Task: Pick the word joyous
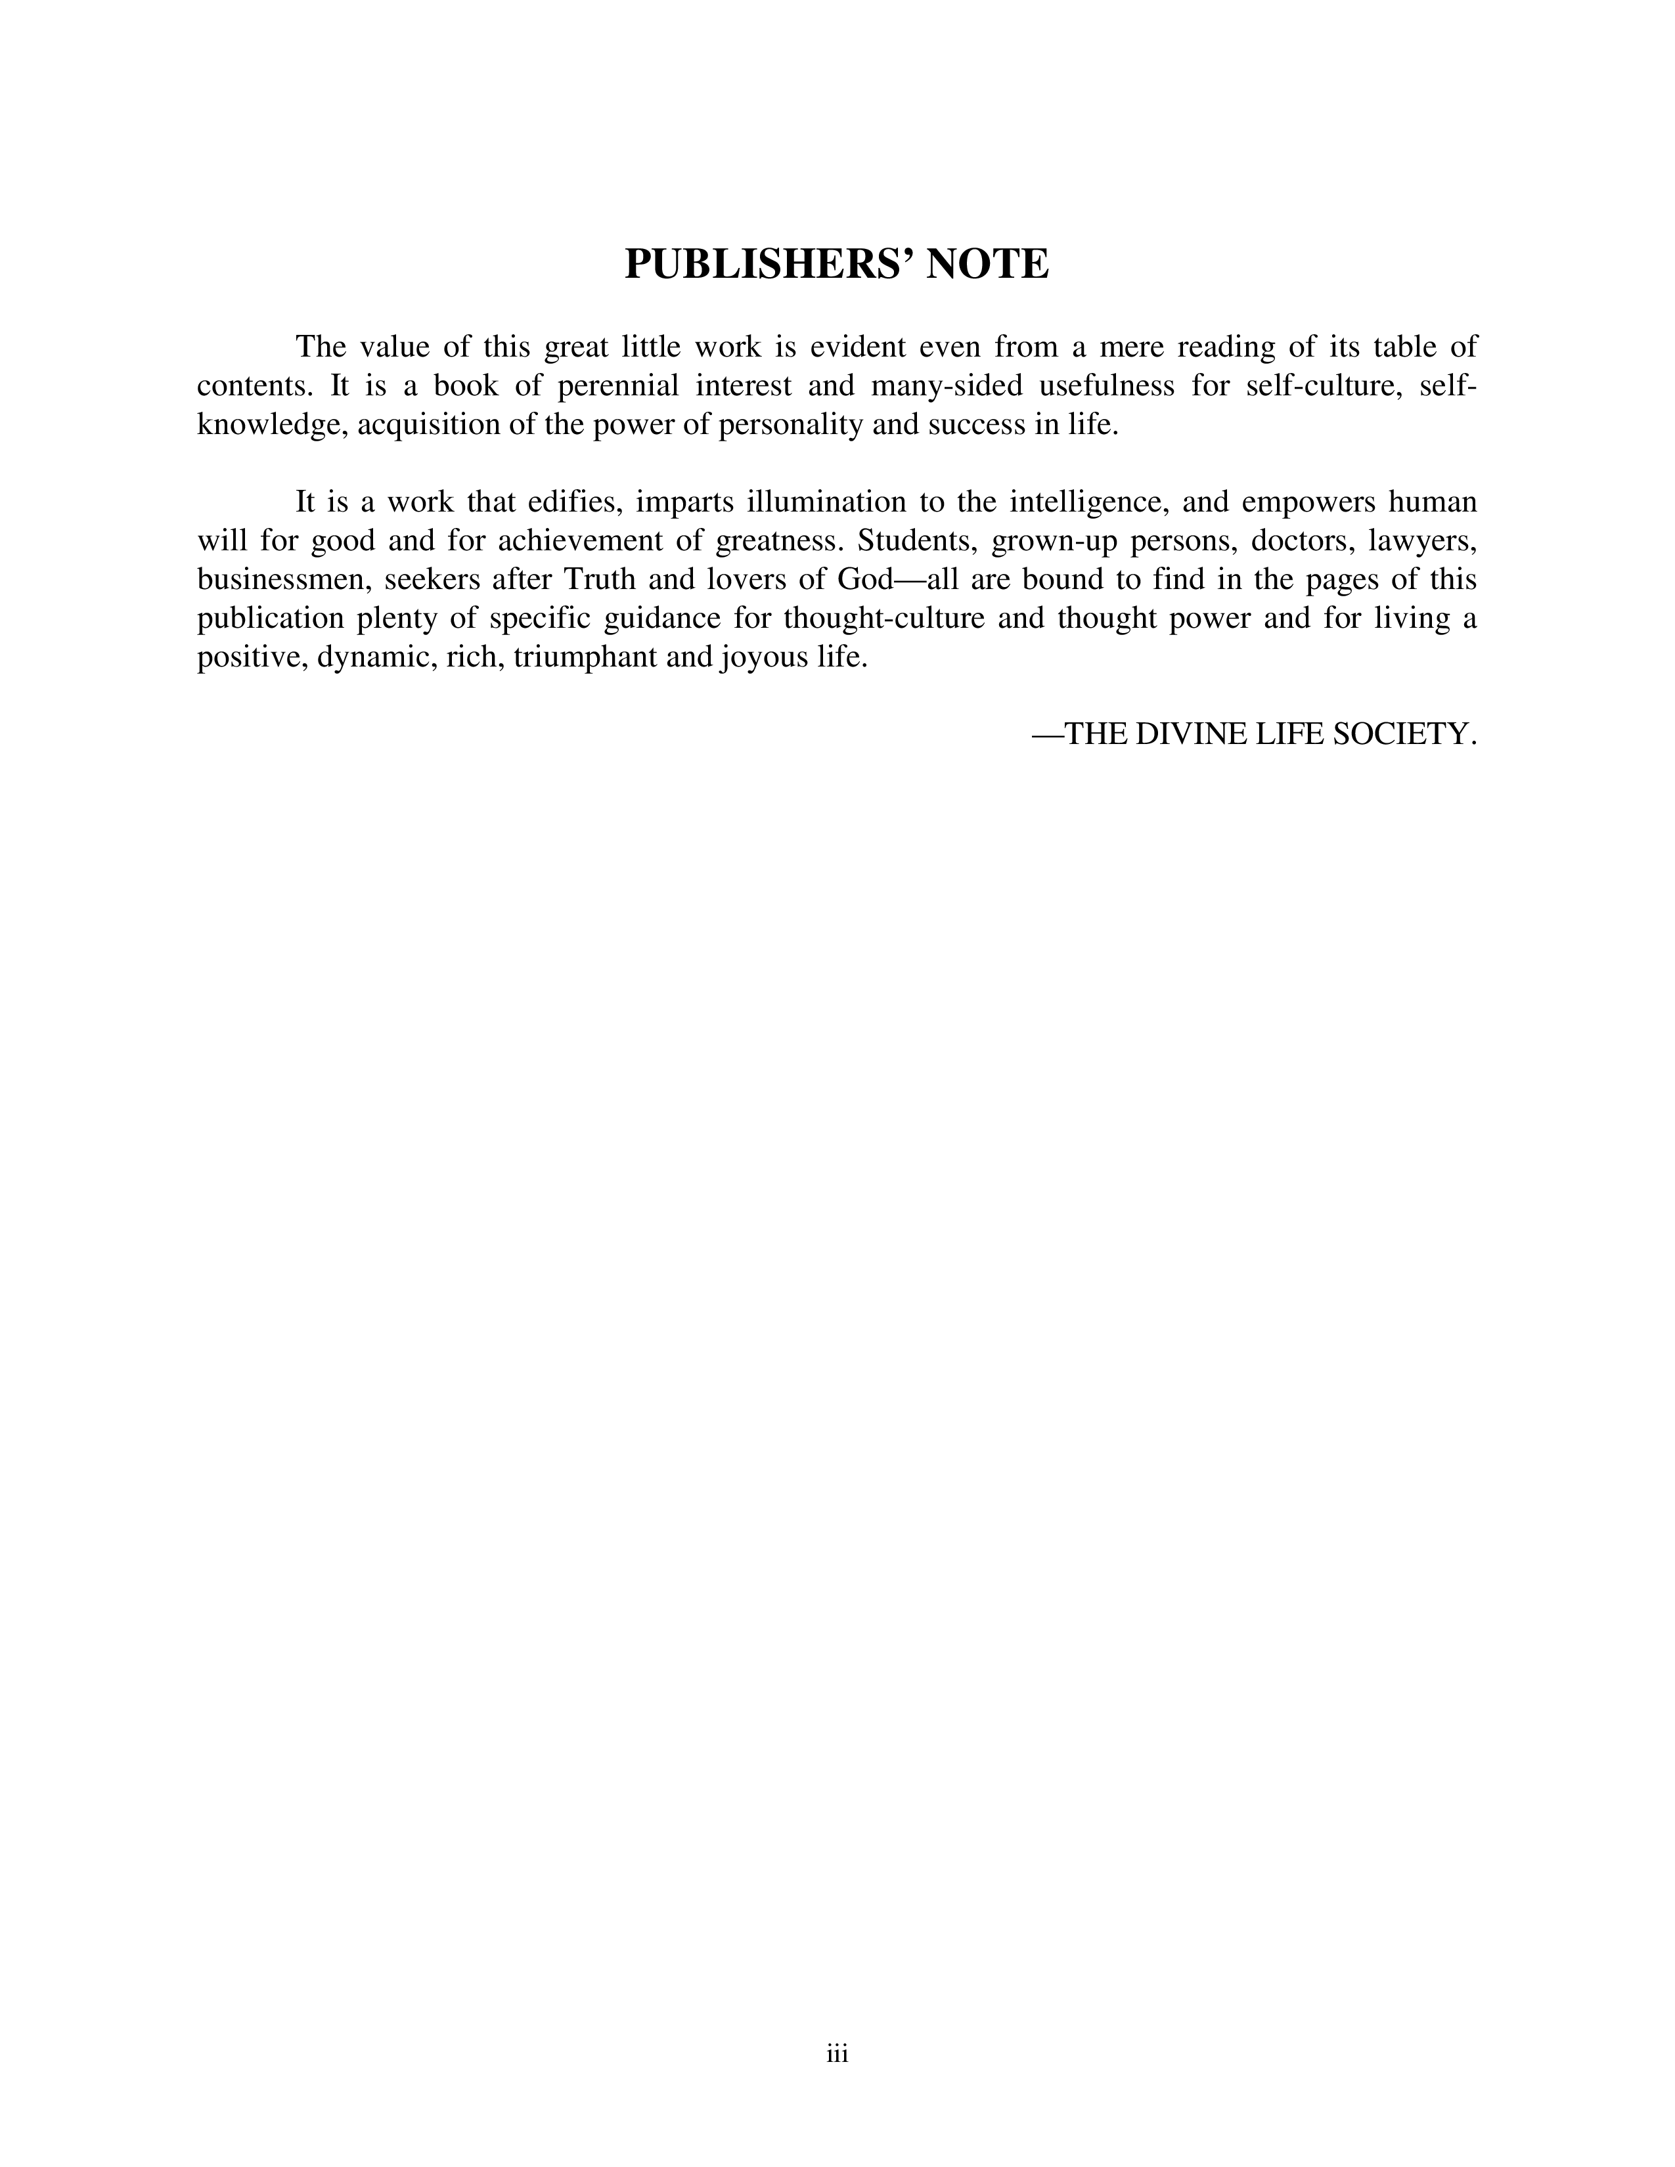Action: tap(761, 658)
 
